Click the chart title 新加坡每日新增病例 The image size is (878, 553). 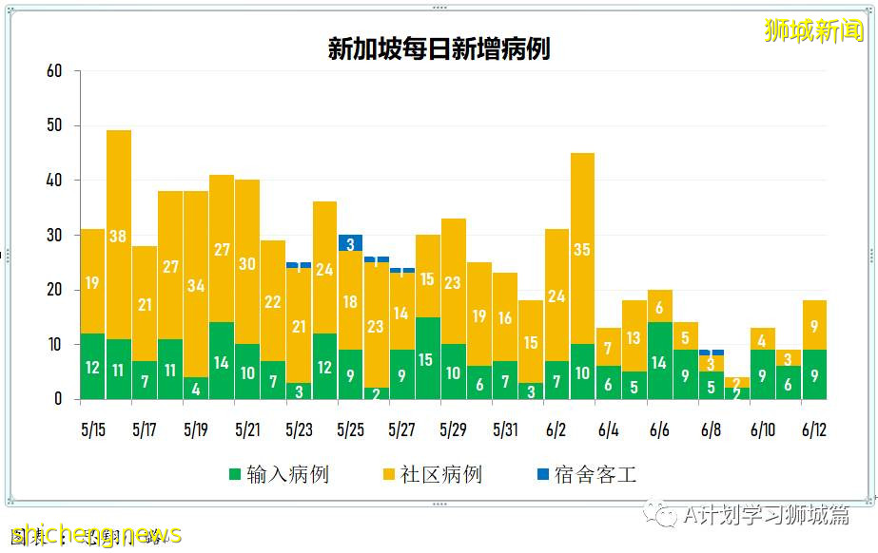point(439,49)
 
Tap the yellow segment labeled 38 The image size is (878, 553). point(118,235)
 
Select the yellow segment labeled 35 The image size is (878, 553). point(582,249)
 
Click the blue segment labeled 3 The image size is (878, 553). point(350,243)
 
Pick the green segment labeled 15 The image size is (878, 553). point(427,359)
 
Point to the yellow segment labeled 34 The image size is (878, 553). point(196,284)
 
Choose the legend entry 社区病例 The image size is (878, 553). point(431,474)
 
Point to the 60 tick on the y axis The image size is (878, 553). point(54,71)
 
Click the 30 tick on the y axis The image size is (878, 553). point(54,235)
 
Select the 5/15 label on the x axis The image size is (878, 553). point(92,429)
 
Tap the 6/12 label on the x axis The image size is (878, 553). point(814,429)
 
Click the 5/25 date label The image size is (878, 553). point(350,429)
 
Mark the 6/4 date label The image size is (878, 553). point(608,429)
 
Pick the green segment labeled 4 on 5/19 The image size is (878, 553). point(196,389)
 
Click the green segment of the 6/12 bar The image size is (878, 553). point(814,375)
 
